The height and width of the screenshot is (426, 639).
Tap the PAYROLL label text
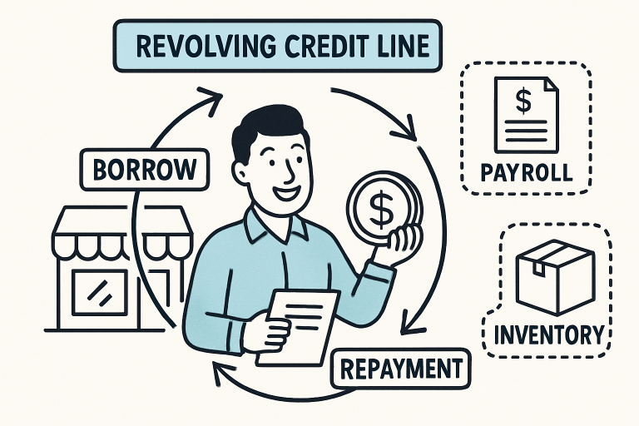pos(527,173)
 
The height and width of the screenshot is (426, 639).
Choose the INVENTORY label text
pos(548,334)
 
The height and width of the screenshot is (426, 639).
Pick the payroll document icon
pos(522,113)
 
